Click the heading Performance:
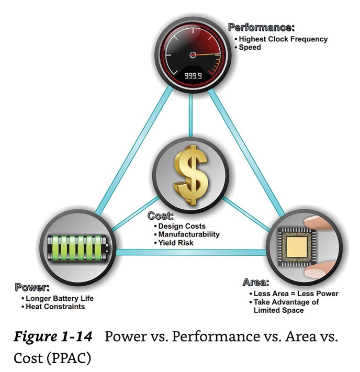click(261, 27)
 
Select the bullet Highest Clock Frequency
click(283, 39)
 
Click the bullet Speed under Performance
click(250, 47)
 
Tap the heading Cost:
click(160, 216)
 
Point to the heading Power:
click(32, 287)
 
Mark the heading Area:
click(256, 283)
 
